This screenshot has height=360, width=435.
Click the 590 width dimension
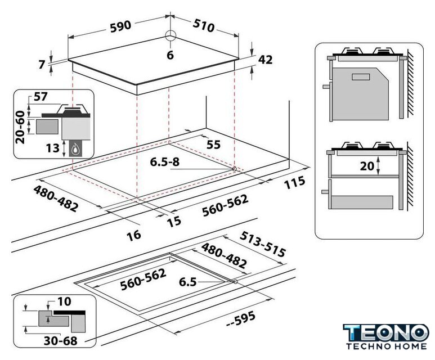120,26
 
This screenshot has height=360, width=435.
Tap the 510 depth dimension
204,25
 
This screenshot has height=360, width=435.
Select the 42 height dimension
265,60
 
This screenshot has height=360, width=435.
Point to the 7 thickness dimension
42,65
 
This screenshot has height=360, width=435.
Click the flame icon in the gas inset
75,150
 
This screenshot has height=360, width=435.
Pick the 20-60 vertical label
20,127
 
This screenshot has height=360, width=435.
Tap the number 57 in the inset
41,97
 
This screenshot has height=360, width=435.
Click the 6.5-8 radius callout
165,161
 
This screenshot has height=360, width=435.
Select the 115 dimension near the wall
294,182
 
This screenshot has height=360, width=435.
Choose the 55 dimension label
213,145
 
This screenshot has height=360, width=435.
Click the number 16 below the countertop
134,236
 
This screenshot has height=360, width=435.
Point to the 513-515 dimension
262,244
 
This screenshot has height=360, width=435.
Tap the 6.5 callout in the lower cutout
188,282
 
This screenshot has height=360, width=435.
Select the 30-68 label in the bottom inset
60,341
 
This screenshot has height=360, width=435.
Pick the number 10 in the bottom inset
64,301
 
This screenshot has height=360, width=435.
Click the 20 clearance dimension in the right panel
367,166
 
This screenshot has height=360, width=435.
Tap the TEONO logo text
386,332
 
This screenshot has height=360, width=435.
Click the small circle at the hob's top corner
171,36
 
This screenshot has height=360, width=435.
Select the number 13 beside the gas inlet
53,148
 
